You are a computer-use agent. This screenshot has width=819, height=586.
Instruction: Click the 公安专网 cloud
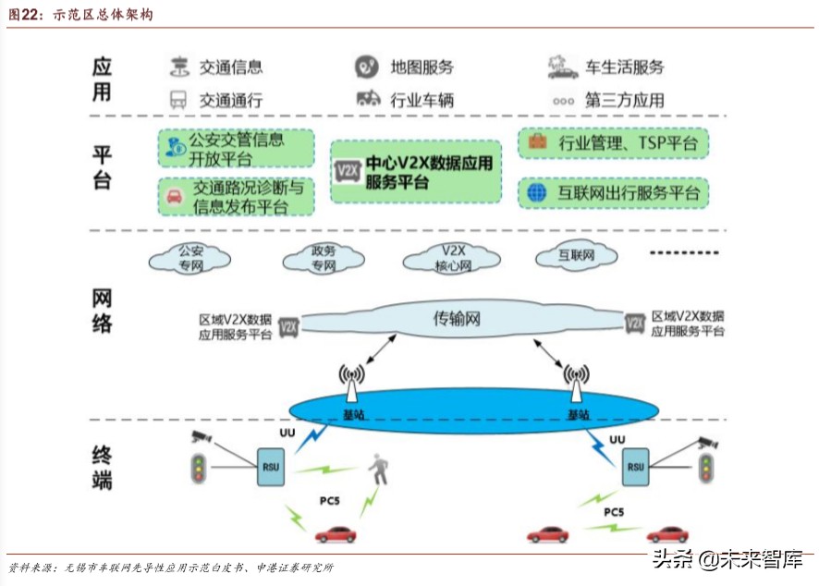(190, 258)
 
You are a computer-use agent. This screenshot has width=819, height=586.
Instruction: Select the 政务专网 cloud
(323, 258)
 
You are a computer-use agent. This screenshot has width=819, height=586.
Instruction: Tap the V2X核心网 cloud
(453, 258)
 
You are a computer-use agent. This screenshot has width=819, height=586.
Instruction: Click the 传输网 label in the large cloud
(458, 320)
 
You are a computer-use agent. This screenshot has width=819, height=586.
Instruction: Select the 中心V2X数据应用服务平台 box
(416, 172)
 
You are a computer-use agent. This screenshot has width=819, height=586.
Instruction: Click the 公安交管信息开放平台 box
(236, 148)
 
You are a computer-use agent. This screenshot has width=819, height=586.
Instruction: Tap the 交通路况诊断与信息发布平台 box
(236, 196)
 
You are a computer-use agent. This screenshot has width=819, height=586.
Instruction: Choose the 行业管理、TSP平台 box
(614, 143)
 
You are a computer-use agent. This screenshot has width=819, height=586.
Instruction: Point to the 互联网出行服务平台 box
(614, 193)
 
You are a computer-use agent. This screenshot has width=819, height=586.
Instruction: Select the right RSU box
(635, 467)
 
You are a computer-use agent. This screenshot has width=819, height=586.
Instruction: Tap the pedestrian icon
(378, 469)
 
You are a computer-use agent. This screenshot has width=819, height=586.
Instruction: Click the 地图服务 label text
(422, 67)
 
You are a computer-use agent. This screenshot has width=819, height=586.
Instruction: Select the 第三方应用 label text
(624, 100)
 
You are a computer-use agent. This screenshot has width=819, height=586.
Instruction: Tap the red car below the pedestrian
(335, 533)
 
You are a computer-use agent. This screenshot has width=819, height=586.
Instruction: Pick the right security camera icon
(707, 442)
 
